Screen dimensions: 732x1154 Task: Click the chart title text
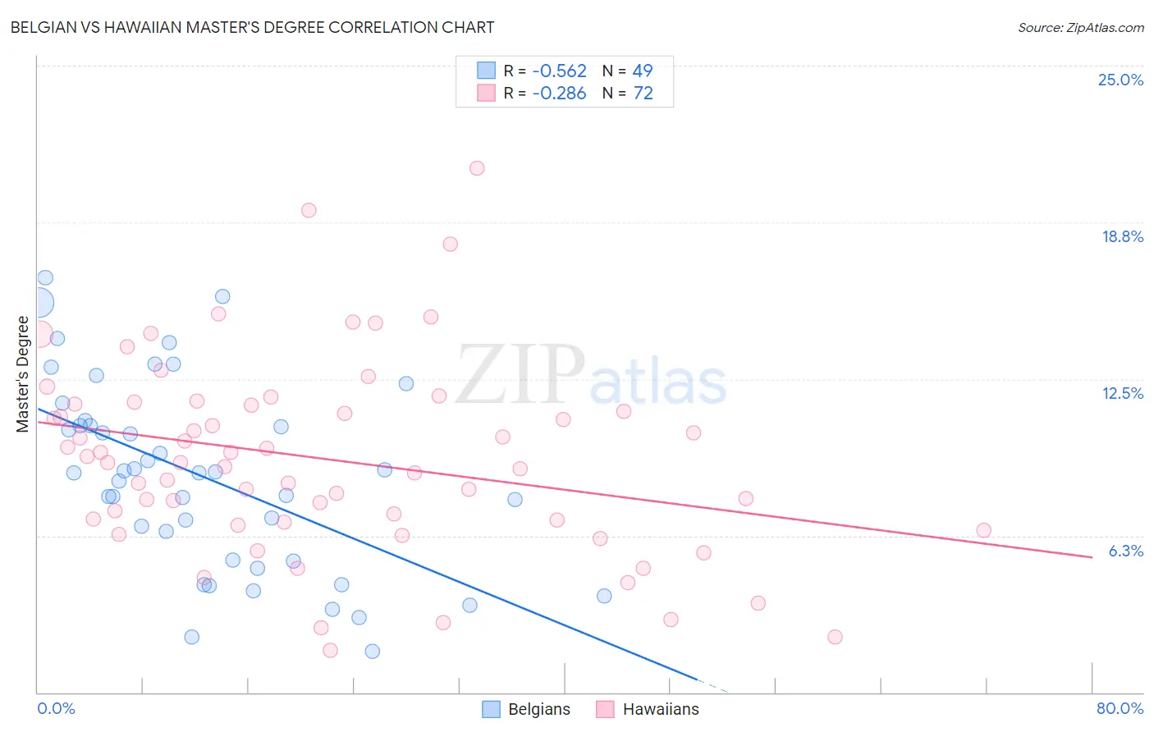click(x=252, y=27)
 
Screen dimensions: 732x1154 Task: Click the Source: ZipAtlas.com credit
click(x=1080, y=27)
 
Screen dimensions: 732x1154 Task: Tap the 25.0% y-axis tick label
click(x=1120, y=80)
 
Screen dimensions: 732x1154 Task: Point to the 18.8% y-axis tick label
click(x=1122, y=236)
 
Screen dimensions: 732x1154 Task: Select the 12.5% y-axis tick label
click(x=1122, y=393)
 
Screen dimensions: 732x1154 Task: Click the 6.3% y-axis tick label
click(x=1125, y=551)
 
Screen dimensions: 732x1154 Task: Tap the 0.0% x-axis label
click(x=56, y=708)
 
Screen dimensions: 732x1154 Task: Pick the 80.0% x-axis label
click(x=1120, y=708)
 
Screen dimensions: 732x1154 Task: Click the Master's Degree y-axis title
click(x=22, y=374)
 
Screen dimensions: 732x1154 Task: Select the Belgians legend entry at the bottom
click(x=526, y=709)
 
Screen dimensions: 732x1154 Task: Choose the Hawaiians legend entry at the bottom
click(x=648, y=709)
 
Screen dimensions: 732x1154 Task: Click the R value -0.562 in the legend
click(x=559, y=71)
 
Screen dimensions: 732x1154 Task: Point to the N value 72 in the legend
click(x=643, y=94)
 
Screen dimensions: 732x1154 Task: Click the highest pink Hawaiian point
click(x=477, y=168)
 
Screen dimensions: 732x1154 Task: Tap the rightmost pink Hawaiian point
click(x=983, y=530)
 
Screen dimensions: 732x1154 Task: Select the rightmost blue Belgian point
click(x=604, y=596)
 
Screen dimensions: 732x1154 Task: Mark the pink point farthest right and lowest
click(x=835, y=637)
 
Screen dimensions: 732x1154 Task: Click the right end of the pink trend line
click(x=1092, y=557)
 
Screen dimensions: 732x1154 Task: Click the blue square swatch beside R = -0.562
click(x=487, y=71)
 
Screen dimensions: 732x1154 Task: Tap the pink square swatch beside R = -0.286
click(x=487, y=94)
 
